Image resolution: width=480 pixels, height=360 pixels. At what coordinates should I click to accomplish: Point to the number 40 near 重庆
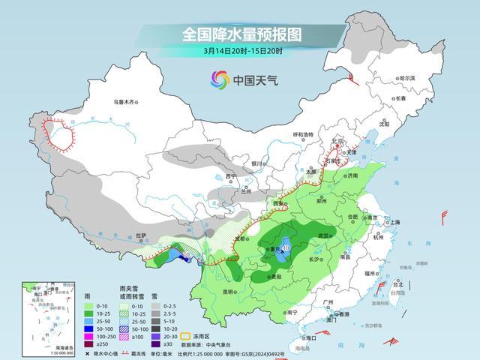286,249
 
